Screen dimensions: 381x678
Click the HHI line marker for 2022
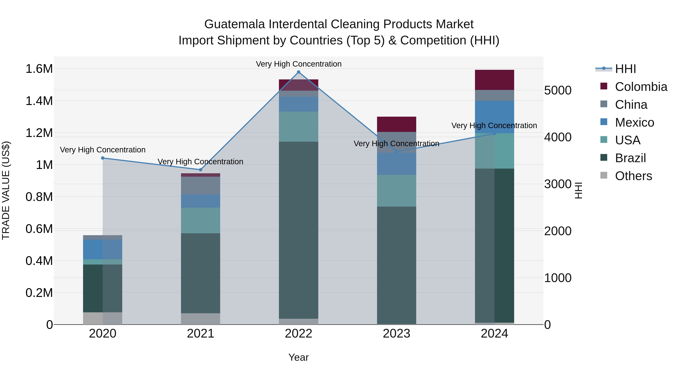tap(299, 72)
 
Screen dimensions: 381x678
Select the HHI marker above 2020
tap(103, 158)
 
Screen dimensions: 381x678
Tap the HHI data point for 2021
tap(201, 170)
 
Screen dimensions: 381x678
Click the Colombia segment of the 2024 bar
tap(494, 80)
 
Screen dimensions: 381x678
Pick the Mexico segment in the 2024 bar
tap(494, 117)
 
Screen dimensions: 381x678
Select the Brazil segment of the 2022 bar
tap(299, 230)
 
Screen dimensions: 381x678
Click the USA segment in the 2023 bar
tap(396, 191)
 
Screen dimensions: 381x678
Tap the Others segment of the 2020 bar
tap(103, 318)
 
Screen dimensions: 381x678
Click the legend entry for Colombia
tap(641, 87)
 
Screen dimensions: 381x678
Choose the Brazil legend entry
tap(630, 158)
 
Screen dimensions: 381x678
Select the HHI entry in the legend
tap(625, 69)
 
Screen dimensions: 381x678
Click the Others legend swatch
tap(604, 175)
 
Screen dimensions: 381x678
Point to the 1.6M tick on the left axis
tap(39, 69)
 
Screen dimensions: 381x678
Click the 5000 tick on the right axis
tap(558, 90)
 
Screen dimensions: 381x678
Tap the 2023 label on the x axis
tap(396, 334)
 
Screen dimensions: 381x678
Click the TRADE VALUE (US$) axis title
tap(6, 191)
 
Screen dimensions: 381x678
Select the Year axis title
tap(299, 357)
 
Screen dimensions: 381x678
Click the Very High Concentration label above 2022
tap(299, 64)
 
